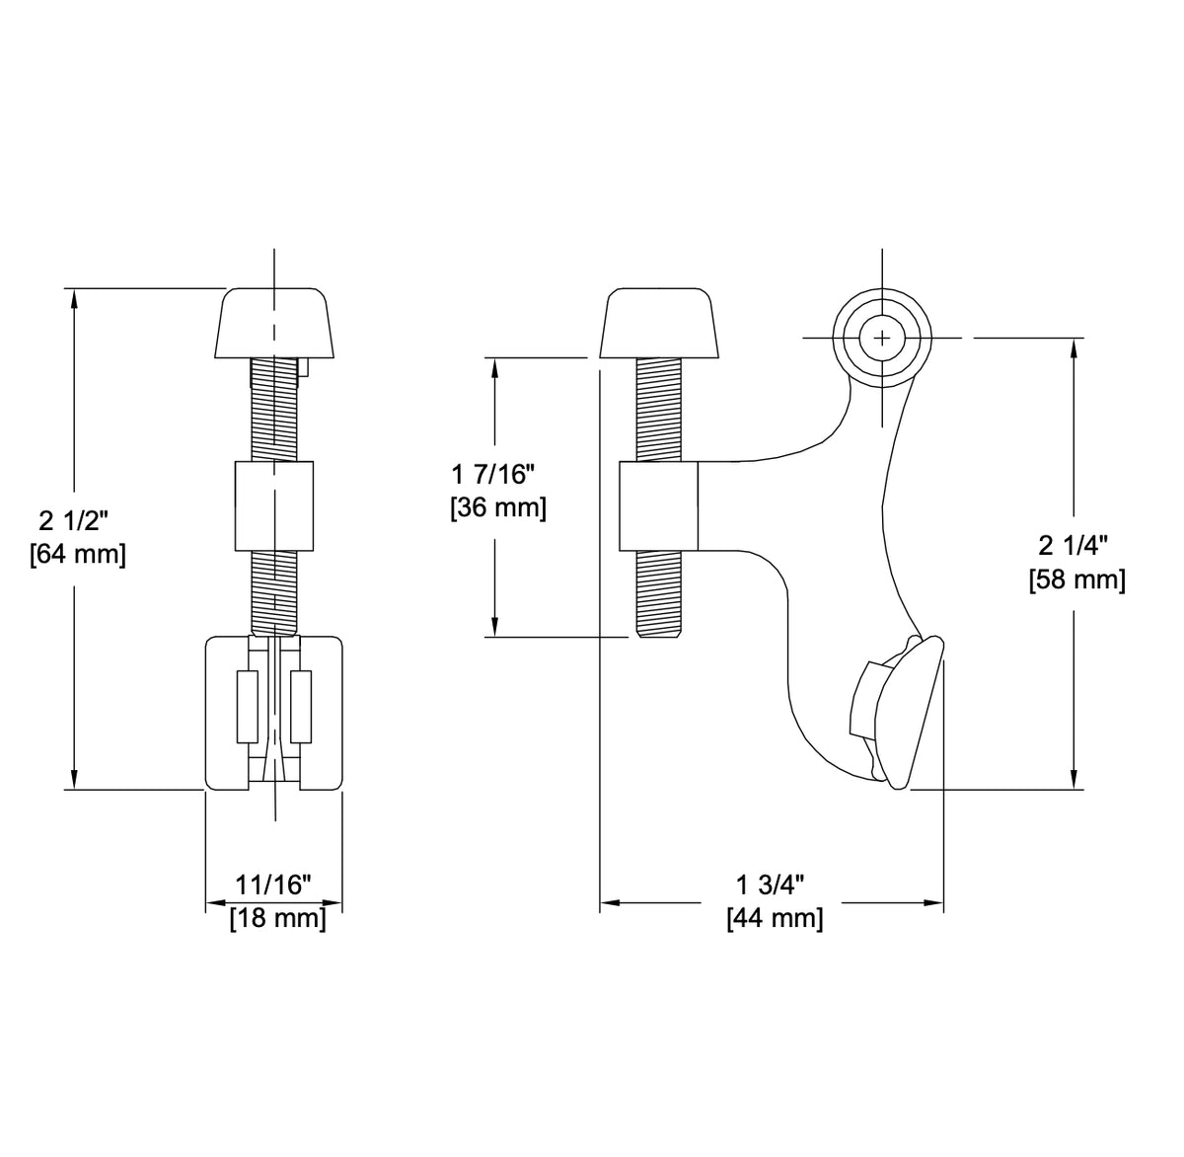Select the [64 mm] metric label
tap(78, 555)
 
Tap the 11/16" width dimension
tap(273, 885)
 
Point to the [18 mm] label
tap(277, 918)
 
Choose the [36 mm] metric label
tap(497, 508)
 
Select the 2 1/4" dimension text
tap(1075, 546)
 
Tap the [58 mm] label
tap(1076, 579)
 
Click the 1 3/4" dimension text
tap(773, 885)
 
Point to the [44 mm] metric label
tap(774, 918)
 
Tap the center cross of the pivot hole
tap(881, 338)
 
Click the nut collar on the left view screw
tap(274, 504)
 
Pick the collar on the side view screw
tap(658, 504)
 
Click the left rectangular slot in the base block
tap(247, 706)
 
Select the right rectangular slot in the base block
tap(301, 706)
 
